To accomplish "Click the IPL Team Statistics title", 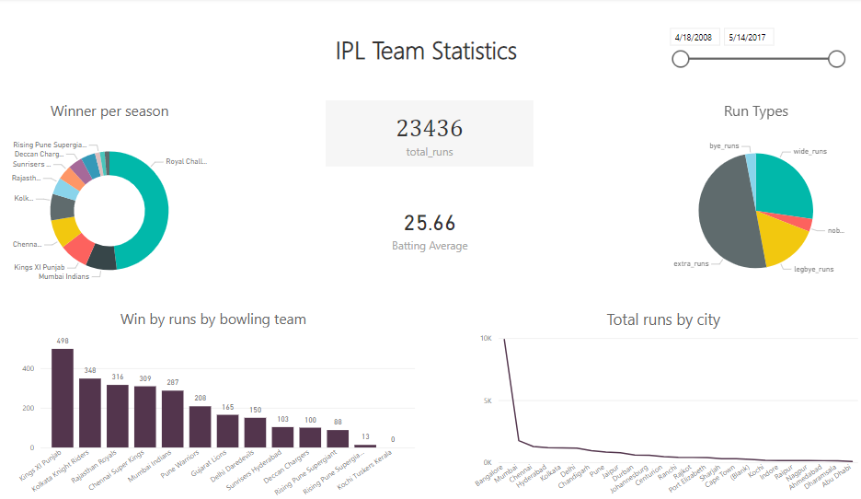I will [426, 52].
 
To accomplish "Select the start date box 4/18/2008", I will [693, 38].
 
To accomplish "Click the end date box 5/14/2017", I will [748, 38].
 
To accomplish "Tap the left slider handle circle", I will [681, 59].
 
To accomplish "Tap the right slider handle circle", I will [836, 59].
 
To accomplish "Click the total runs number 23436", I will [429, 128].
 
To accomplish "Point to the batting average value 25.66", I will [430, 223].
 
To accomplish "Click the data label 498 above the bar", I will [63, 341].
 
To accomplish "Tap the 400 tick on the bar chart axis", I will [28, 368].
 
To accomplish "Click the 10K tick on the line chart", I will [486, 339].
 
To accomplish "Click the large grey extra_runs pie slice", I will [727, 216].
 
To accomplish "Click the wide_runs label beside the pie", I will [809, 151].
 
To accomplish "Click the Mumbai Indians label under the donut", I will [63, 276].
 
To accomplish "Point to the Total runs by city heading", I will [663, 319].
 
